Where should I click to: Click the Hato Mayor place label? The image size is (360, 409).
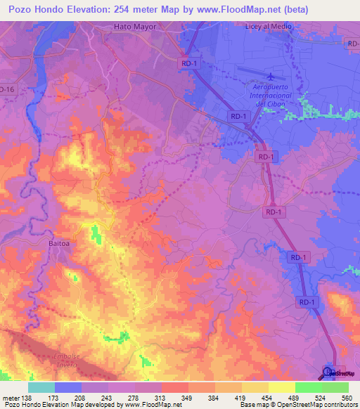[x=134, y=27]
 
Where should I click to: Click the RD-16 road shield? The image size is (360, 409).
[x=7, y=90]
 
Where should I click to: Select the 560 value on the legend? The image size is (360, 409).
[x=345, y=398]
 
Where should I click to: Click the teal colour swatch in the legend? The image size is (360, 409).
[x=41, y=387]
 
